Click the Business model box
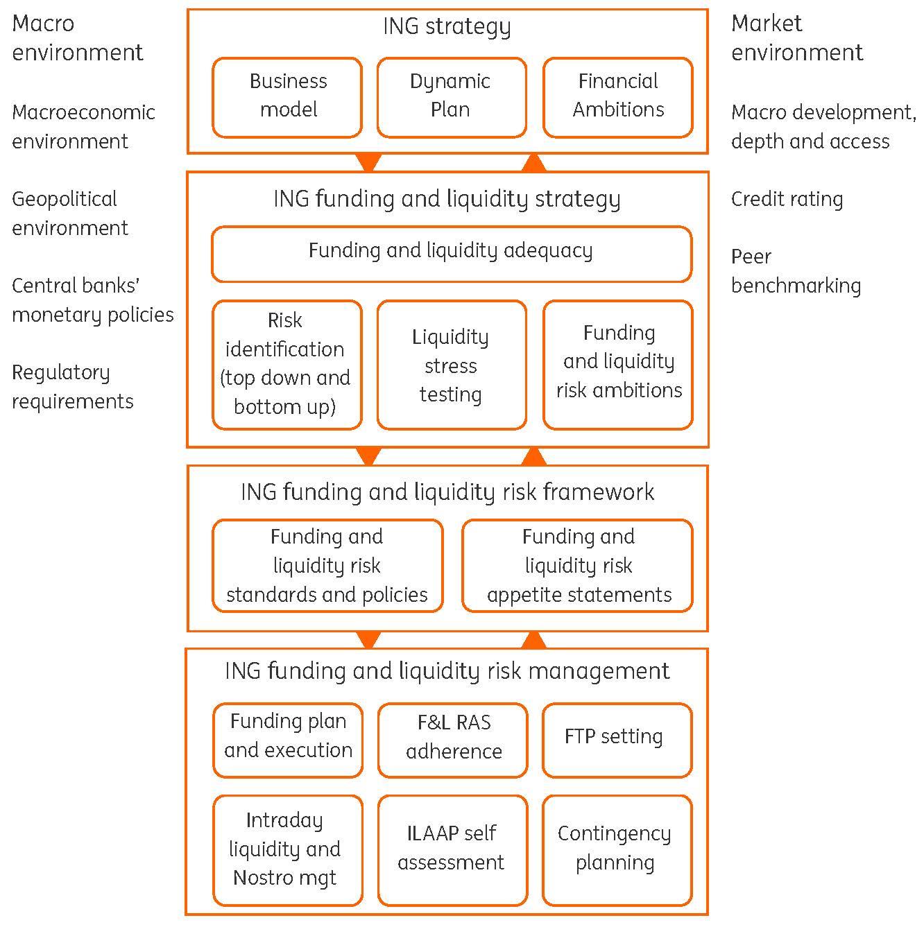[287, 96]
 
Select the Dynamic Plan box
[451, 96]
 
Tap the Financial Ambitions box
[617, 96]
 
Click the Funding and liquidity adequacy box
[451, 253]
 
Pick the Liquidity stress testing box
[451, 365]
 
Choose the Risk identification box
[287, 365]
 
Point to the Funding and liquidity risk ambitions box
[617, 365]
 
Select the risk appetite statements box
[577, 566]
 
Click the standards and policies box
[327, 566]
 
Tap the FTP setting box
[616, 739]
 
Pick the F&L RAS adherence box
[452, 739]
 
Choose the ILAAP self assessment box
[452, 849]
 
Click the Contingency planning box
[616, 849]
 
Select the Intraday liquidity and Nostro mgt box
[287, 849]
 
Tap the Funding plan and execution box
[287, 739]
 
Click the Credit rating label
[787, 200]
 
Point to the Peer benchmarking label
[796, 271]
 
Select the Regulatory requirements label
[72, 387]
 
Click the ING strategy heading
[447, 27]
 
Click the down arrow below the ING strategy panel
[368, 163]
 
